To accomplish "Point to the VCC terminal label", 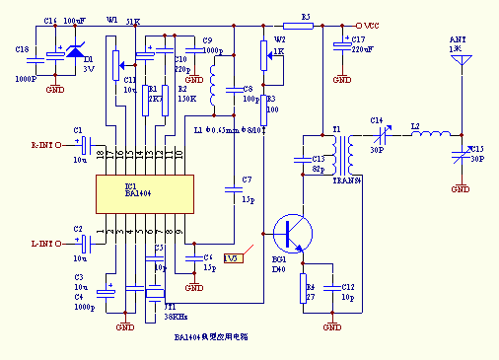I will pyautogui.click(x=369, y=26).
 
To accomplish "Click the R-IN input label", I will pyautogui.click(x=45, y=145).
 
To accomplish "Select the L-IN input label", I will pyautogui.click(x=45, y=243).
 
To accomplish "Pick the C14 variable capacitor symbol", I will pyautogui.click(x=376, y=134).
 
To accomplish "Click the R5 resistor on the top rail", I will pyautogui.click(x=306, y=26).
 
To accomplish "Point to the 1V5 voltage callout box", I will pyautogui.click(x=233, y=258).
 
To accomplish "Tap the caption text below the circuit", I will pyautogui.click(x=211, y=338).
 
